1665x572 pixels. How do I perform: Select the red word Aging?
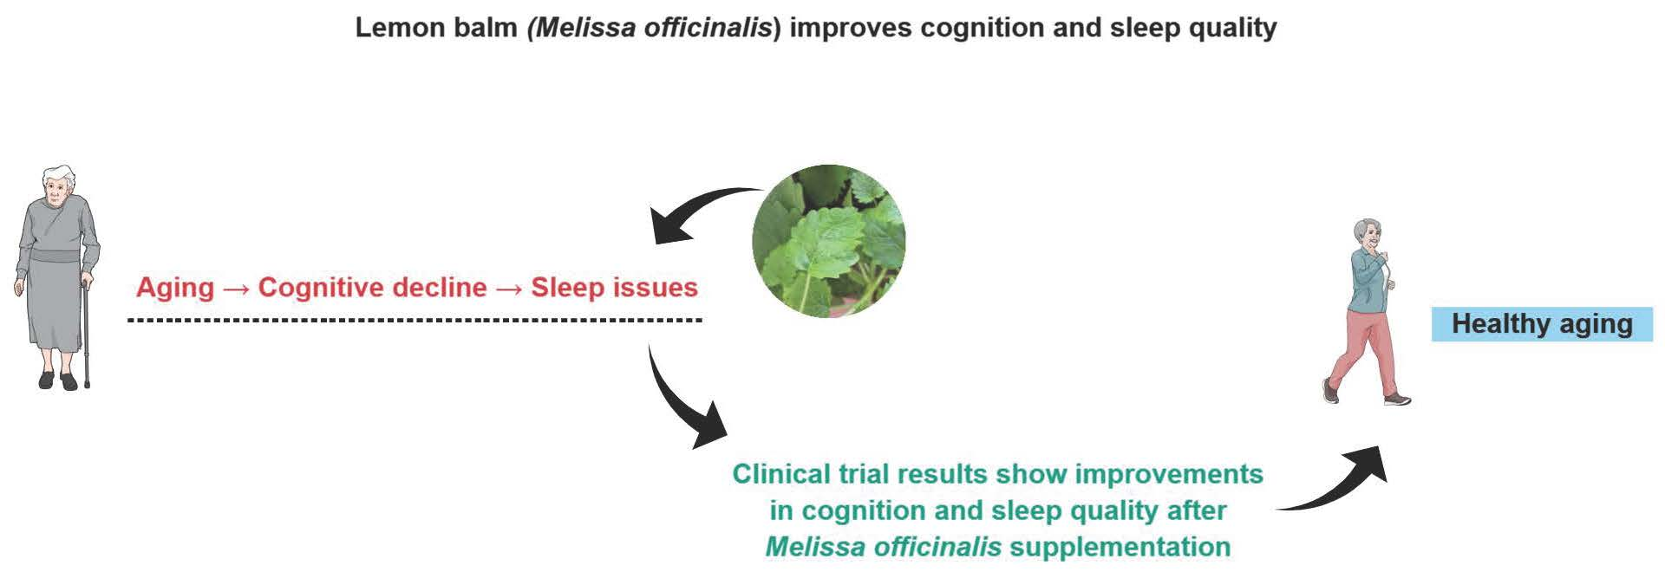tap(175, 287)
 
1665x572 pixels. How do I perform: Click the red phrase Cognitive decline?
tap(372, 287)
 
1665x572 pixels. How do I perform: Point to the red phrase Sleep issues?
tap(614, 287)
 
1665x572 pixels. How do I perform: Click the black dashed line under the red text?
tap(415, 320)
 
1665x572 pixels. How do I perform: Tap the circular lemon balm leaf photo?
tap(828, 241)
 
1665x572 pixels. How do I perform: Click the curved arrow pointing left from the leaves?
tap(698, 212)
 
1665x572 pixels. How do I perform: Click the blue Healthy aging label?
tap(1541, 324)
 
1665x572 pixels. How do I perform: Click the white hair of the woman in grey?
tap(58, 176)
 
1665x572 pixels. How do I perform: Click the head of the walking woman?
tap(1368, 234)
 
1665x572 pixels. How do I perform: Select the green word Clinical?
tap(780, 474)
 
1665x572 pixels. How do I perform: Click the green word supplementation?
tap(1120, 547)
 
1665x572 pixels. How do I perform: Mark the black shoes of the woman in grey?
tap(58, 380)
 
